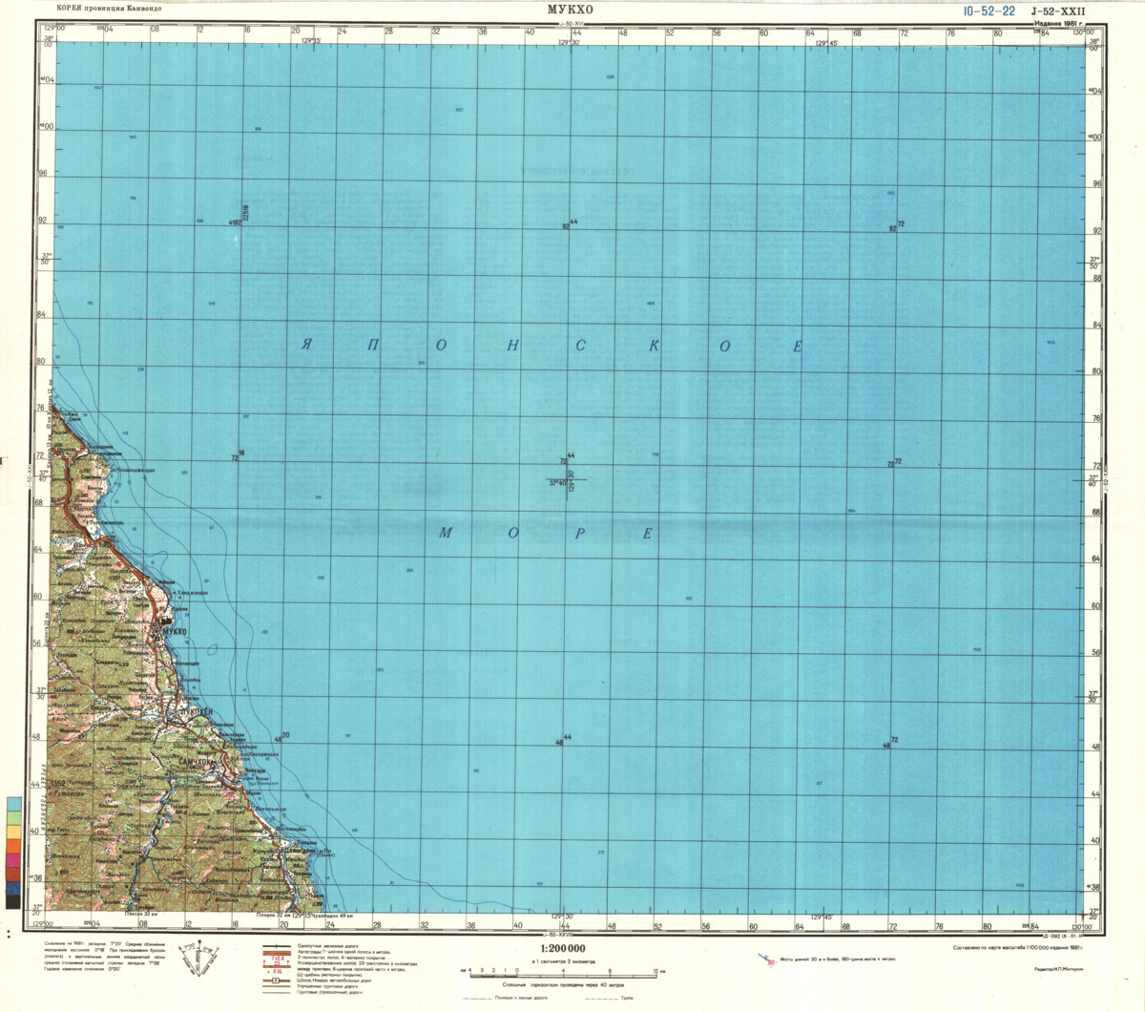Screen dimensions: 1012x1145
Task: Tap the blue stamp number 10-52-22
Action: click(989, 11)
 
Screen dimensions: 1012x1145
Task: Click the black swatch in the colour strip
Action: click(12, 899)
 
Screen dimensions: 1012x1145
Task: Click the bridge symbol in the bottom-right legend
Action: click(768, 959)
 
